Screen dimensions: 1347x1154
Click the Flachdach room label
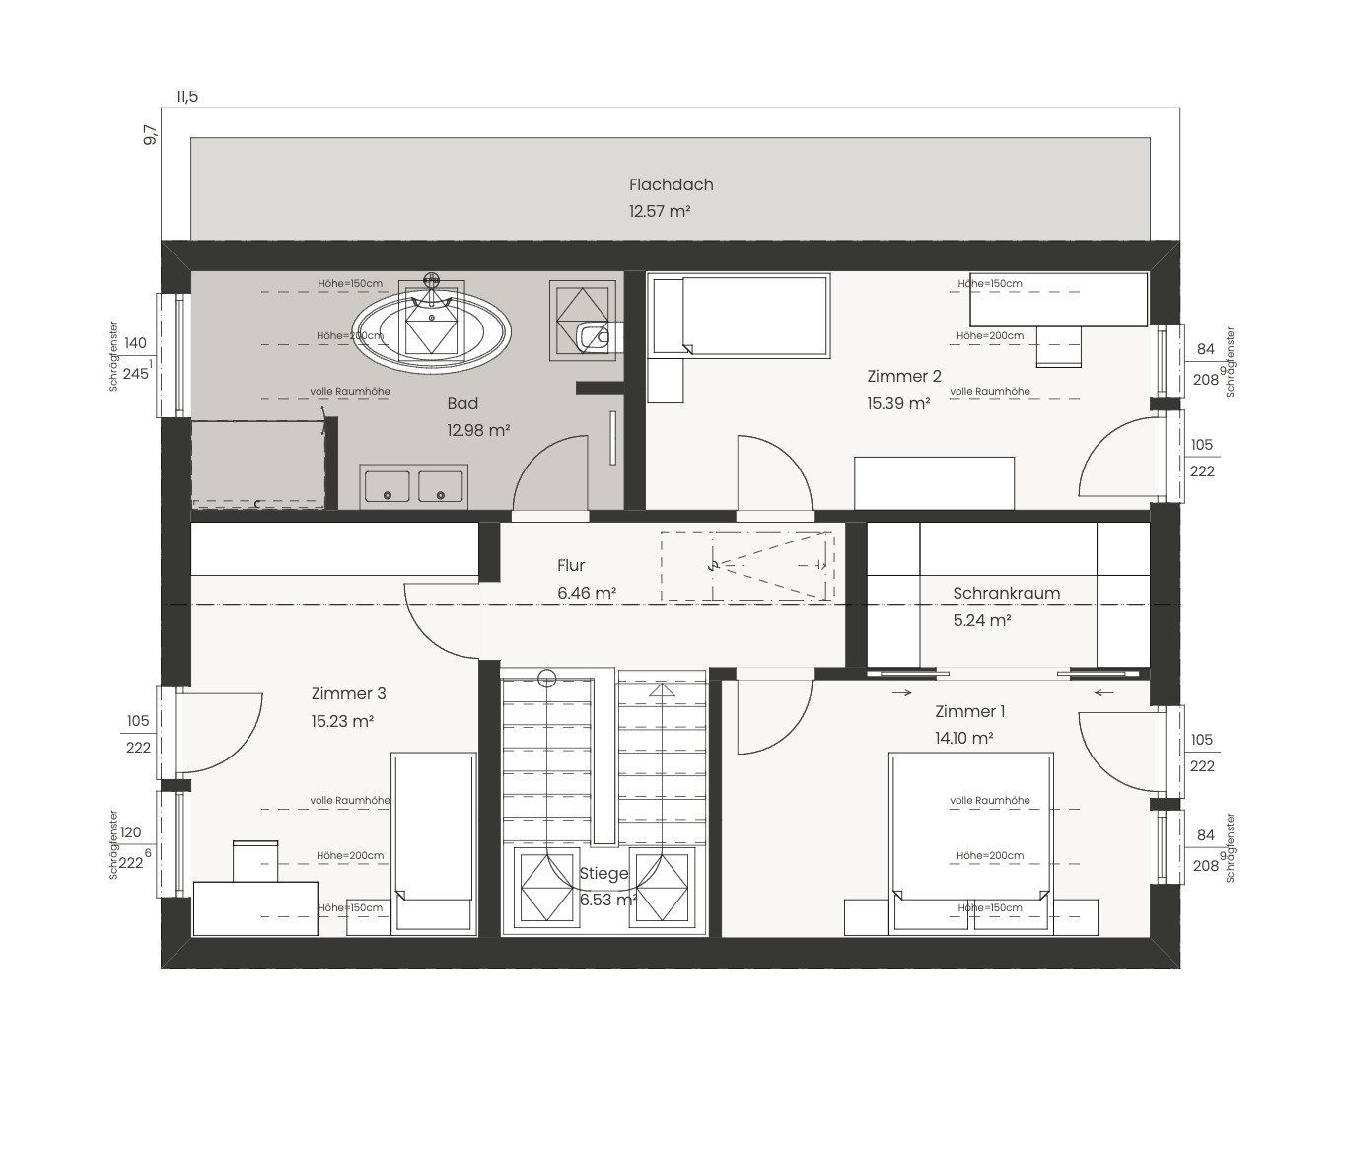pyautogui.click(x=672, y=185)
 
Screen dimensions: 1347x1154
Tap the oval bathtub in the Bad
pyautogui.click(x=431, y=332)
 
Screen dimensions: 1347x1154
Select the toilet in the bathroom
pyautogui.click(x=593, y=336)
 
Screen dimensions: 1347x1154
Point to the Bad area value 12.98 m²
pyautogui.click(x=478, y=430)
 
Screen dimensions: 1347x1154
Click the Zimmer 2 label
pyautogui.click(x=904, y=376)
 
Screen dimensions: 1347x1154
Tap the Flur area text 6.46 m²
pyautogui.click(x=587, y=593)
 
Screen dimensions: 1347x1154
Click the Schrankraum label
pyautogui.click(x=1006, y=594)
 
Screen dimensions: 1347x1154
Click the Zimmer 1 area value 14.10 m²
pyautogui.click(x=963, y=738)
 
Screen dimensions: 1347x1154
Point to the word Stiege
pyautogui.click(x=604, y=873)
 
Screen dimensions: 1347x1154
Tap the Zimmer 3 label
pyautogui.click(x=349, y=693)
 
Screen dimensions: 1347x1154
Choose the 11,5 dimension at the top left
pyautogui.click(x=187, y=97)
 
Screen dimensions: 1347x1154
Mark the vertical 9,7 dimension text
pyautogui.click(x=150, y=134)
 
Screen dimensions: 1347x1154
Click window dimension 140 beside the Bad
pyautogui.click(x=135, y=343)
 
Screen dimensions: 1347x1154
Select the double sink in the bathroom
pyautogui.click(x=414, y=486)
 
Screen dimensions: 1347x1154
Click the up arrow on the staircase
pyautogui.click(x=662, y=689)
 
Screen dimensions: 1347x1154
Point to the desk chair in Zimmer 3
pyautogui.click(x=255, y=861)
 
